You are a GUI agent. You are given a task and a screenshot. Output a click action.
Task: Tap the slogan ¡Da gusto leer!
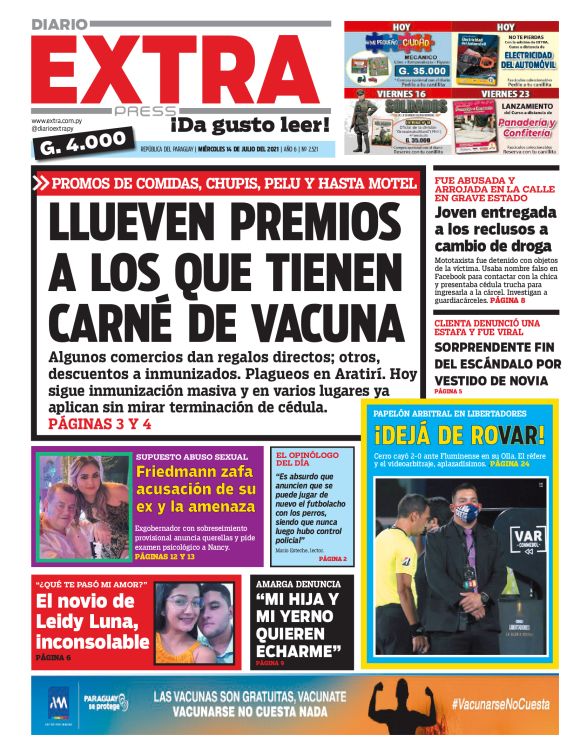click(x=249, y=126)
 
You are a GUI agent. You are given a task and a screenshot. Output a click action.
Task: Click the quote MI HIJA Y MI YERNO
click(x=297, y=627)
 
